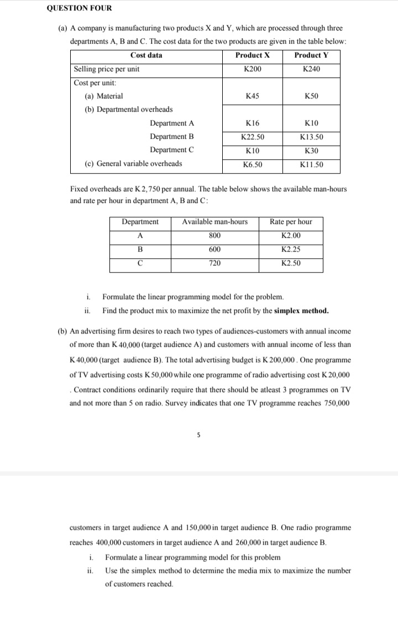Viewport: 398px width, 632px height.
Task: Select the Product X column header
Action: click(x=252, y=55)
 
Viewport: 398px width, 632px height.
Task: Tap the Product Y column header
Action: click(x=311, y=55)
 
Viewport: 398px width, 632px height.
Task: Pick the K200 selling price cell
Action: click(x=252, y=69)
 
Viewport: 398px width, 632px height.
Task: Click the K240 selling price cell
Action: click(x=311, y=69)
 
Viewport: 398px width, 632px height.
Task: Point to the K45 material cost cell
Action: click(x=252, y=96)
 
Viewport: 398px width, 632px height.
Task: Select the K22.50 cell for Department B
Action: click(x=252, y=137)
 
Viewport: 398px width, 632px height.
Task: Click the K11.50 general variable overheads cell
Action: click(x=311, y=164)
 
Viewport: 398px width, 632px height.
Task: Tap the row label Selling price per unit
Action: click(x=107, y=69)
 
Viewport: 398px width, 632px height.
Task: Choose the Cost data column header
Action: click(x=146, y=55)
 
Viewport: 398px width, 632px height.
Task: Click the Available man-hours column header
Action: click(x=215, y=222)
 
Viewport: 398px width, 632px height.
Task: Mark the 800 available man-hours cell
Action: click(x=215, y=236)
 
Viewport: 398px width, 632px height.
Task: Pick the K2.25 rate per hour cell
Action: click(x=291, y=249)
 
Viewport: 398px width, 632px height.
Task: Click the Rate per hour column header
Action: click(x=291, y=222)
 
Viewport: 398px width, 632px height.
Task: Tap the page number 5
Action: click(x=198, y=434)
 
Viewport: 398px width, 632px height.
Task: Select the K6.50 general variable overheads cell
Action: click(x=252, y=164)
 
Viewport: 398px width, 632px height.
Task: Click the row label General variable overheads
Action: click(x=133, y=164)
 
